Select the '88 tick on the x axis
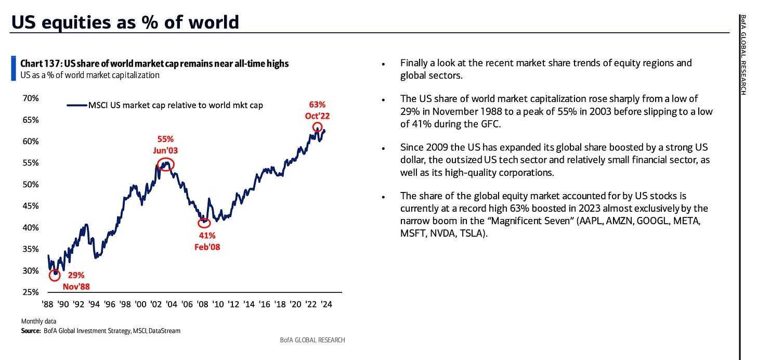[47, 304]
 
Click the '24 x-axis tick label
[326, 304]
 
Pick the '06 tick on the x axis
[187, 304]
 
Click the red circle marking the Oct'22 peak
[317, 127]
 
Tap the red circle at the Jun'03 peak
[166, 164]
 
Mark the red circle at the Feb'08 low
[205, 223]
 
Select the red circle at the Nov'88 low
[55, 275]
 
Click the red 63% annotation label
[317, 105]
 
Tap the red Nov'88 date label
[76, 286]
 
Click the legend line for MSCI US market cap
[76, 105]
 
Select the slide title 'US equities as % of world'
[125, 22]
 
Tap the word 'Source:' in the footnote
[31, 330]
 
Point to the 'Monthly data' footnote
[39, 321]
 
